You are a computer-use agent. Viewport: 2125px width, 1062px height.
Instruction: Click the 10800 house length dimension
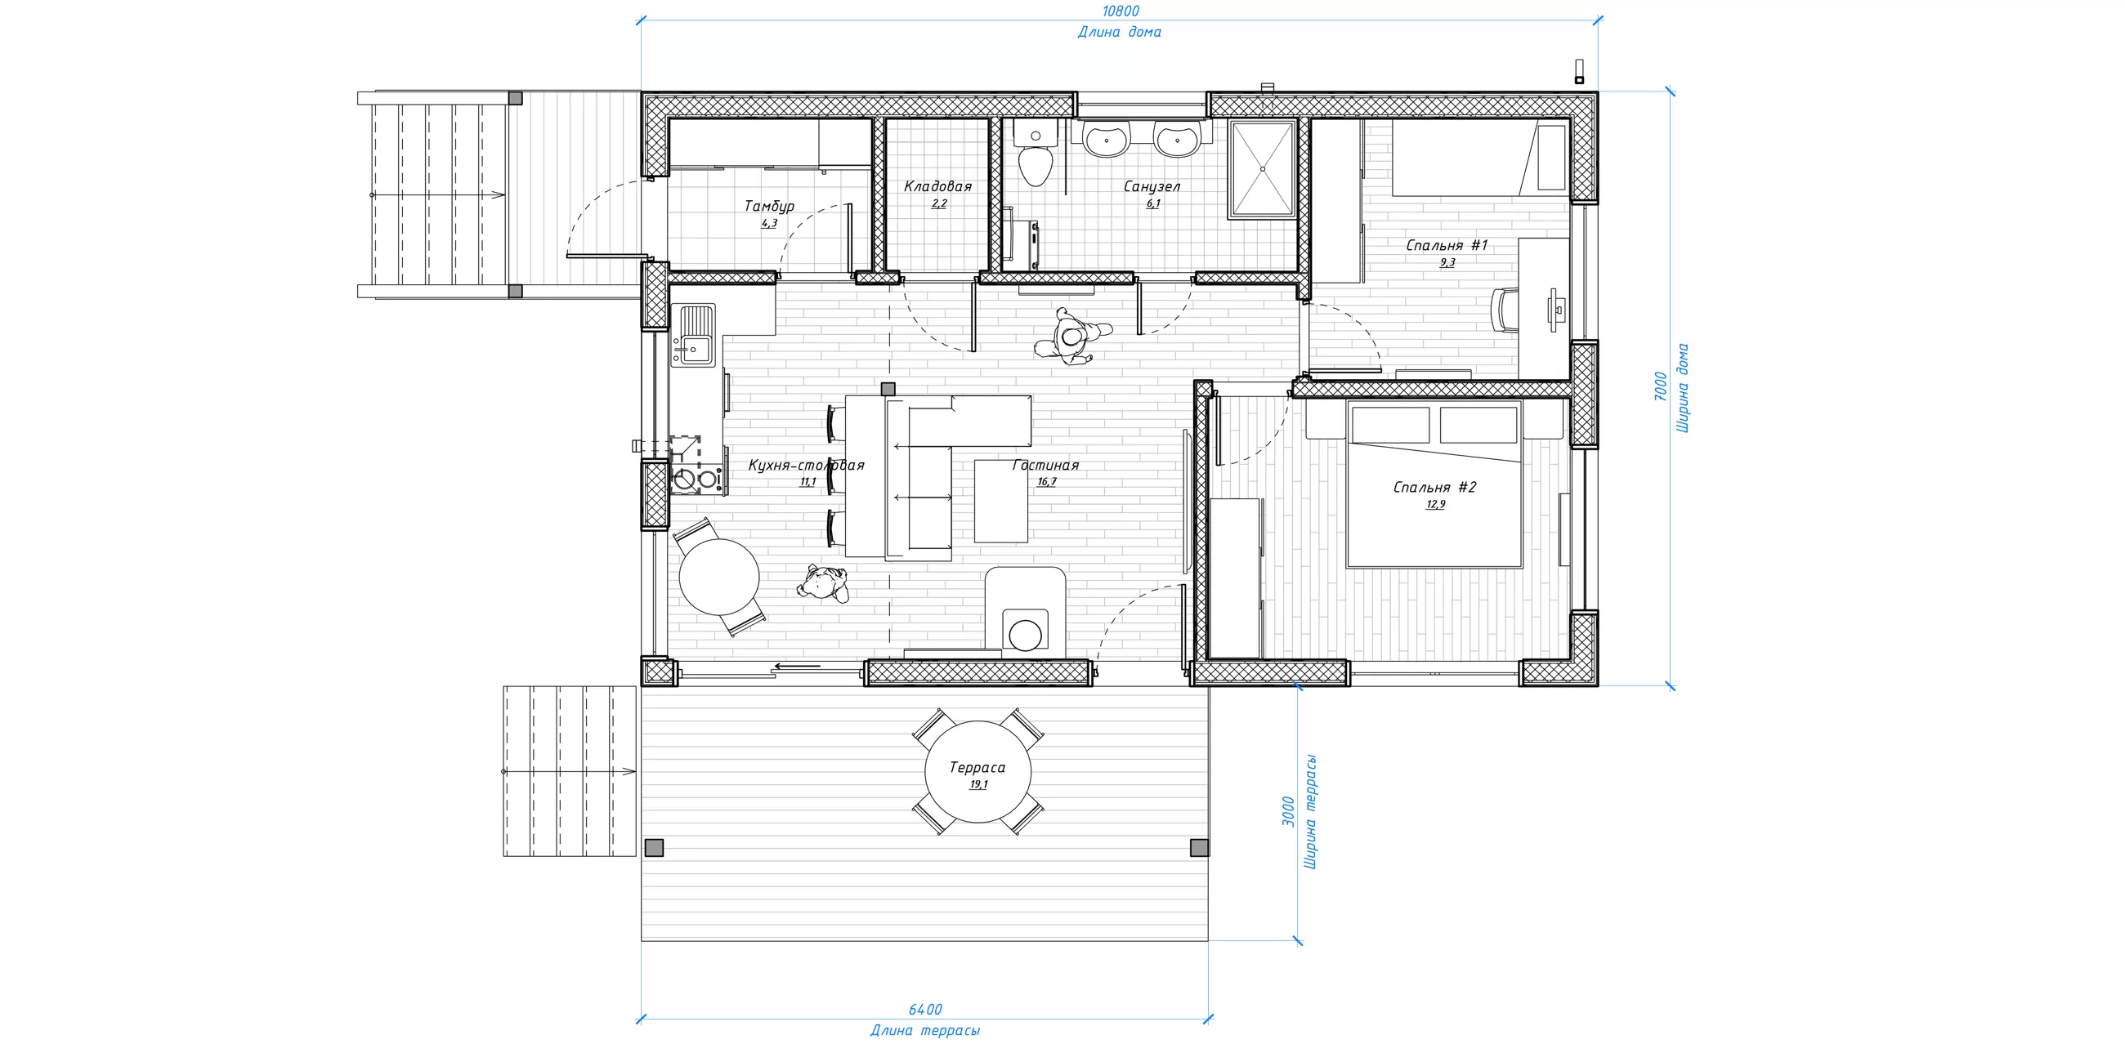point(1121,11)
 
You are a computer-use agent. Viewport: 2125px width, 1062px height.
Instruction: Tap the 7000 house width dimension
point(1661,386)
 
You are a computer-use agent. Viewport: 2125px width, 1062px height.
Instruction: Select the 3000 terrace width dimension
point(1288,812)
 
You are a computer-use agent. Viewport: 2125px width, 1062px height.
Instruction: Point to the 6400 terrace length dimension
point(924,1010)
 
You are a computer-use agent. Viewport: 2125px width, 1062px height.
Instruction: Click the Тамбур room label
point(769,206)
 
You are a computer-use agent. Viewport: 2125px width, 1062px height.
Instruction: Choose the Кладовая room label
point(938,186)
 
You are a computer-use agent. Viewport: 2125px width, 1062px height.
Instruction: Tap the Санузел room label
point(1152,187)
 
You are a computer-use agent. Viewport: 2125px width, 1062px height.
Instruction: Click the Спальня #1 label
point(1447,245)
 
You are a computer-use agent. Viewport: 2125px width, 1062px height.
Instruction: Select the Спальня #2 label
point(1434,488)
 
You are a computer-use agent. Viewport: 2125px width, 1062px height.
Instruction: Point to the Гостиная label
point(1046,465)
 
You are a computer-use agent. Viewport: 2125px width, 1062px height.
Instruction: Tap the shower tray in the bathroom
point(1262,169)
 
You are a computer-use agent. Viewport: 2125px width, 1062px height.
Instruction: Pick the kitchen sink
point(694,336)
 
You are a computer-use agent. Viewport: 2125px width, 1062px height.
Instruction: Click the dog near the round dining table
point(822,584)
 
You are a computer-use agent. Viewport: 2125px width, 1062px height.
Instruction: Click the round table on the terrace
point(977,772)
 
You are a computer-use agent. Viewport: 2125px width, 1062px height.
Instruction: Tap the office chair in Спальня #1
point(1505,310)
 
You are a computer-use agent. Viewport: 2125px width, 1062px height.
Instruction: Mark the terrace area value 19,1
point(978,784)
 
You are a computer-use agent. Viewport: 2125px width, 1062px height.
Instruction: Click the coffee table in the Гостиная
point(1000,501)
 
